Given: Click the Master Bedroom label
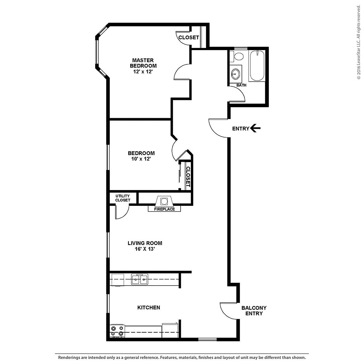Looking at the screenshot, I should [x=143, y=63].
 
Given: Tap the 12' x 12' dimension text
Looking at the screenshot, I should [x=143, y=72].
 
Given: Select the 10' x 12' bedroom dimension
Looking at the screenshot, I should [x=141, y=159].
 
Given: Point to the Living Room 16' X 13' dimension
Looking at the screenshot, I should [x=145, y=249].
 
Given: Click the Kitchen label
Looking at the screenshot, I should [x=149, y=307].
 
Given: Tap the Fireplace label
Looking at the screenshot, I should [x=164, y=209].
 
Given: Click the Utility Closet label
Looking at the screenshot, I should [x=123, y=198].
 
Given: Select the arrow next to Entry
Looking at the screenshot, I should [x=255, y=128].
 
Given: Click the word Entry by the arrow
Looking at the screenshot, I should [x=241, y=129].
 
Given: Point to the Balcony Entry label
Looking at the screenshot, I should [x=254, y=311].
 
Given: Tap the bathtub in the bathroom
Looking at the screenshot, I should [x=257, y=66].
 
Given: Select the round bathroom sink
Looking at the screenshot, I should [x=235, y=74].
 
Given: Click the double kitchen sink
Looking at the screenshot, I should [x=140, y=279].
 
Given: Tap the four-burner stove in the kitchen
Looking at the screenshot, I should [x=117, y=331].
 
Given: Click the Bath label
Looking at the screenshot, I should [x=241, y=85].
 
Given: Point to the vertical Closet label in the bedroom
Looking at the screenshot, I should [x=188, y=177].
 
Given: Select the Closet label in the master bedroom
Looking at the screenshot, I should [x=189, y=38].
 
